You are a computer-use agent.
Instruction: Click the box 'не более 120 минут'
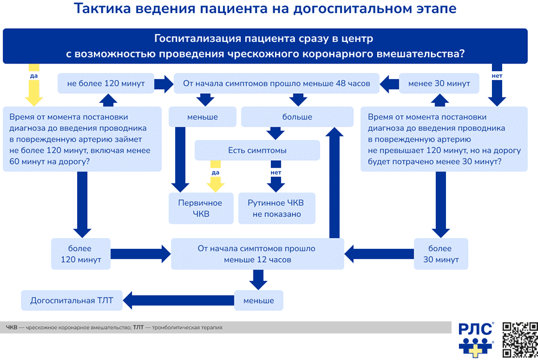106,83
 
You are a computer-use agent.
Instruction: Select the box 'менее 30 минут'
439,83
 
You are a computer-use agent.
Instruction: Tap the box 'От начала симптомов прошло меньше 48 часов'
277,83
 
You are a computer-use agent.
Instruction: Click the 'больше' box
297,117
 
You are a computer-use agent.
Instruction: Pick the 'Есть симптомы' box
257,150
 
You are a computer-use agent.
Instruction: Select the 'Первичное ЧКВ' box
201,208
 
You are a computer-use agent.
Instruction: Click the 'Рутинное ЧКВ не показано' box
277,208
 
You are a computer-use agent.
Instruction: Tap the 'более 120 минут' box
81,254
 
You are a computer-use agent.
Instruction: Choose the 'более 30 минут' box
441,254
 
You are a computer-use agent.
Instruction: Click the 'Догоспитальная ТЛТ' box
72,301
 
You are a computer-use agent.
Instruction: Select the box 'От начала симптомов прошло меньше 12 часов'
257,254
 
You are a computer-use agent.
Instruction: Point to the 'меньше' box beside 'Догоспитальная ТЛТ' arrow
259,301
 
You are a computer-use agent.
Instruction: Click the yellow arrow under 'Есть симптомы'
215,176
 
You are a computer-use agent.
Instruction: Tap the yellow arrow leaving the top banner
33,85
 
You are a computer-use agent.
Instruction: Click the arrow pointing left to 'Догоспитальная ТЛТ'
178,301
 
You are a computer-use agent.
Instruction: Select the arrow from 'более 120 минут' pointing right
140,254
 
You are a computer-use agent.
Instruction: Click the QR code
520,340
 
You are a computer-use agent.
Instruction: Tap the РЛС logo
476,340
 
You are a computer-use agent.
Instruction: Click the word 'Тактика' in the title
103,8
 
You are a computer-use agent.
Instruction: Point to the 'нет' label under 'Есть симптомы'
276,173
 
